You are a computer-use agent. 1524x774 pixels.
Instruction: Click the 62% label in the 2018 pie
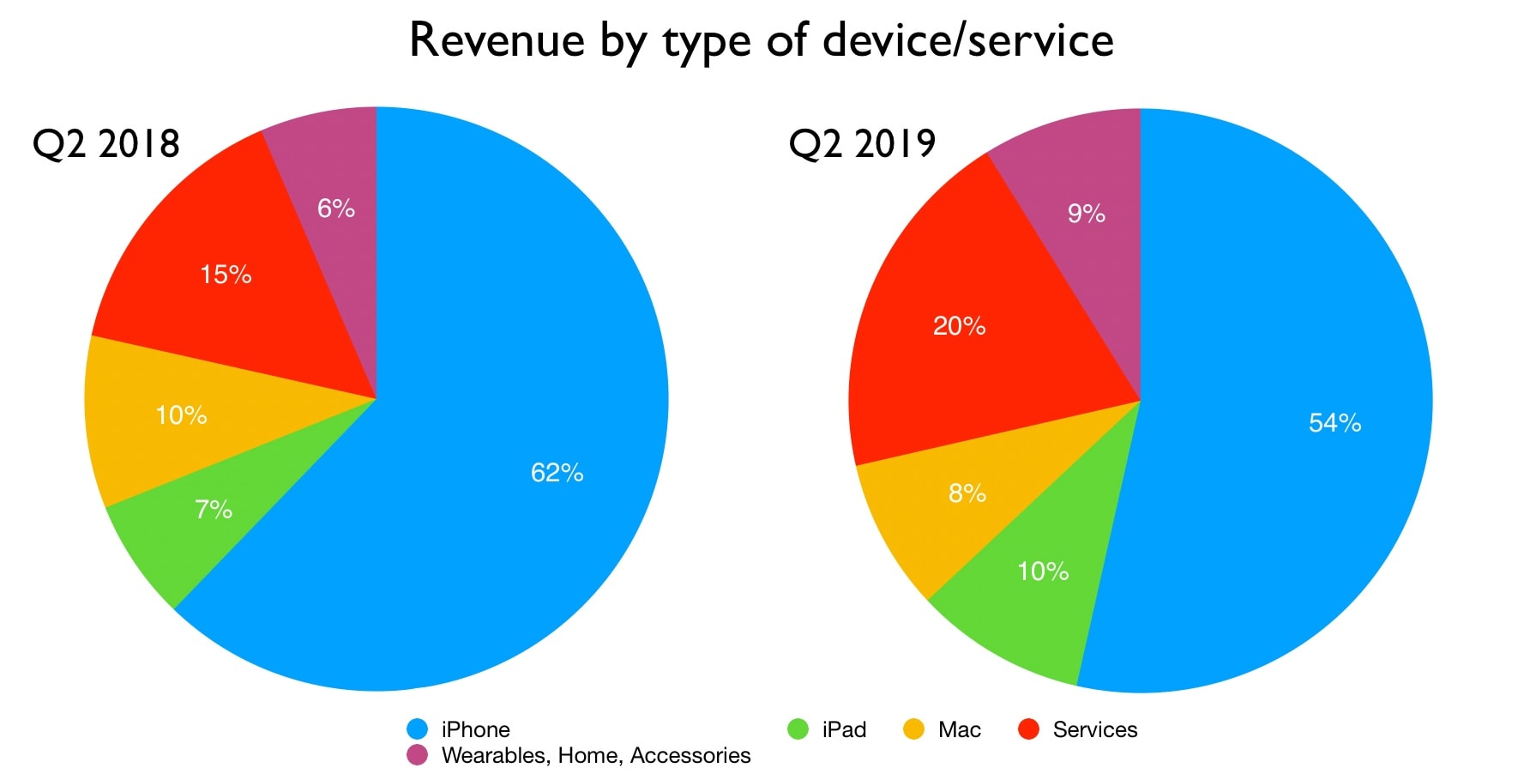557,473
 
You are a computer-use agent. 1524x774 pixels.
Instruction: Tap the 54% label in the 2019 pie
1334,423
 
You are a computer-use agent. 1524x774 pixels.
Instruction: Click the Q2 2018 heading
105,143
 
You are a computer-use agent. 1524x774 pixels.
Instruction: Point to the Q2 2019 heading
862,143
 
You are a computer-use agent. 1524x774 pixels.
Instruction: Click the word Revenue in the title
497,40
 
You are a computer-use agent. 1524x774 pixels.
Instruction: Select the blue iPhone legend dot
417,729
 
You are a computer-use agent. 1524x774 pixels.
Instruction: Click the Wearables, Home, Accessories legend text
595,755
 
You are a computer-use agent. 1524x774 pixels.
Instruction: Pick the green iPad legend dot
798,729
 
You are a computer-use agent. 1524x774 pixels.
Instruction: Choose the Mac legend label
959,729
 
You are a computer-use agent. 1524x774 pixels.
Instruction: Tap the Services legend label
1094,729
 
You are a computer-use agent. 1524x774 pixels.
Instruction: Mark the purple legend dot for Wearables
417,755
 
